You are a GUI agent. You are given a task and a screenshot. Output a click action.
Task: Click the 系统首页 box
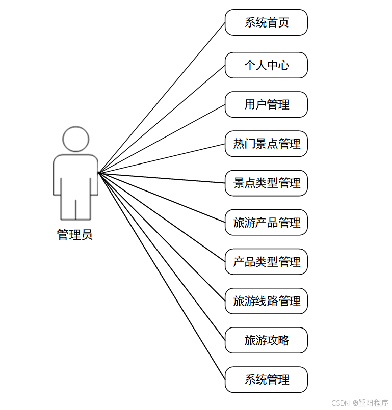pos(266,22)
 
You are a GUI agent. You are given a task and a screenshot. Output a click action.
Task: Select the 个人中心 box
pos(266,65)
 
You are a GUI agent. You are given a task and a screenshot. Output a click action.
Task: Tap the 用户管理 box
pos(266,104)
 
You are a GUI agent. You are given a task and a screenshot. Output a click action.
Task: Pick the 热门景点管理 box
pos(266,144)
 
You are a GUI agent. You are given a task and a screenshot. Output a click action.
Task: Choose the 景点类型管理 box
pos(266,183)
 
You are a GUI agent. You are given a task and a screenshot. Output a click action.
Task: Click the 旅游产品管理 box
pos(266,223)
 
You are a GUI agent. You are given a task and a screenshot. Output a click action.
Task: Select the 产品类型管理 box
pos(266,262)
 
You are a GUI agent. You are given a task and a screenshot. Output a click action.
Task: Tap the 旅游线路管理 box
pos(266,301)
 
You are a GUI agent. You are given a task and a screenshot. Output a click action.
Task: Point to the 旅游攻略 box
pos(266,340)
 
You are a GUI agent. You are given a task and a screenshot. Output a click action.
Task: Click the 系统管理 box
pos(266,379)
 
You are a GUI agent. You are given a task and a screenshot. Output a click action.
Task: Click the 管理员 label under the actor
pos(75,235)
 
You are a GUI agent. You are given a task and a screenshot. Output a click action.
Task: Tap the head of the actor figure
pos(76,139)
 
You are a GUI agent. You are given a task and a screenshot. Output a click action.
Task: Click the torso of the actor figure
pos(76,173)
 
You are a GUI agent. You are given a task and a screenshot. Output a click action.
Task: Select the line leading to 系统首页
pos(162,98)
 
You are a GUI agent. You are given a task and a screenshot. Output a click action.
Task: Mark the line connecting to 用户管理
pos(162,139)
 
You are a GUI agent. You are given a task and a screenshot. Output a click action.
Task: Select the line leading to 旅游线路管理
pos(162,237)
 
